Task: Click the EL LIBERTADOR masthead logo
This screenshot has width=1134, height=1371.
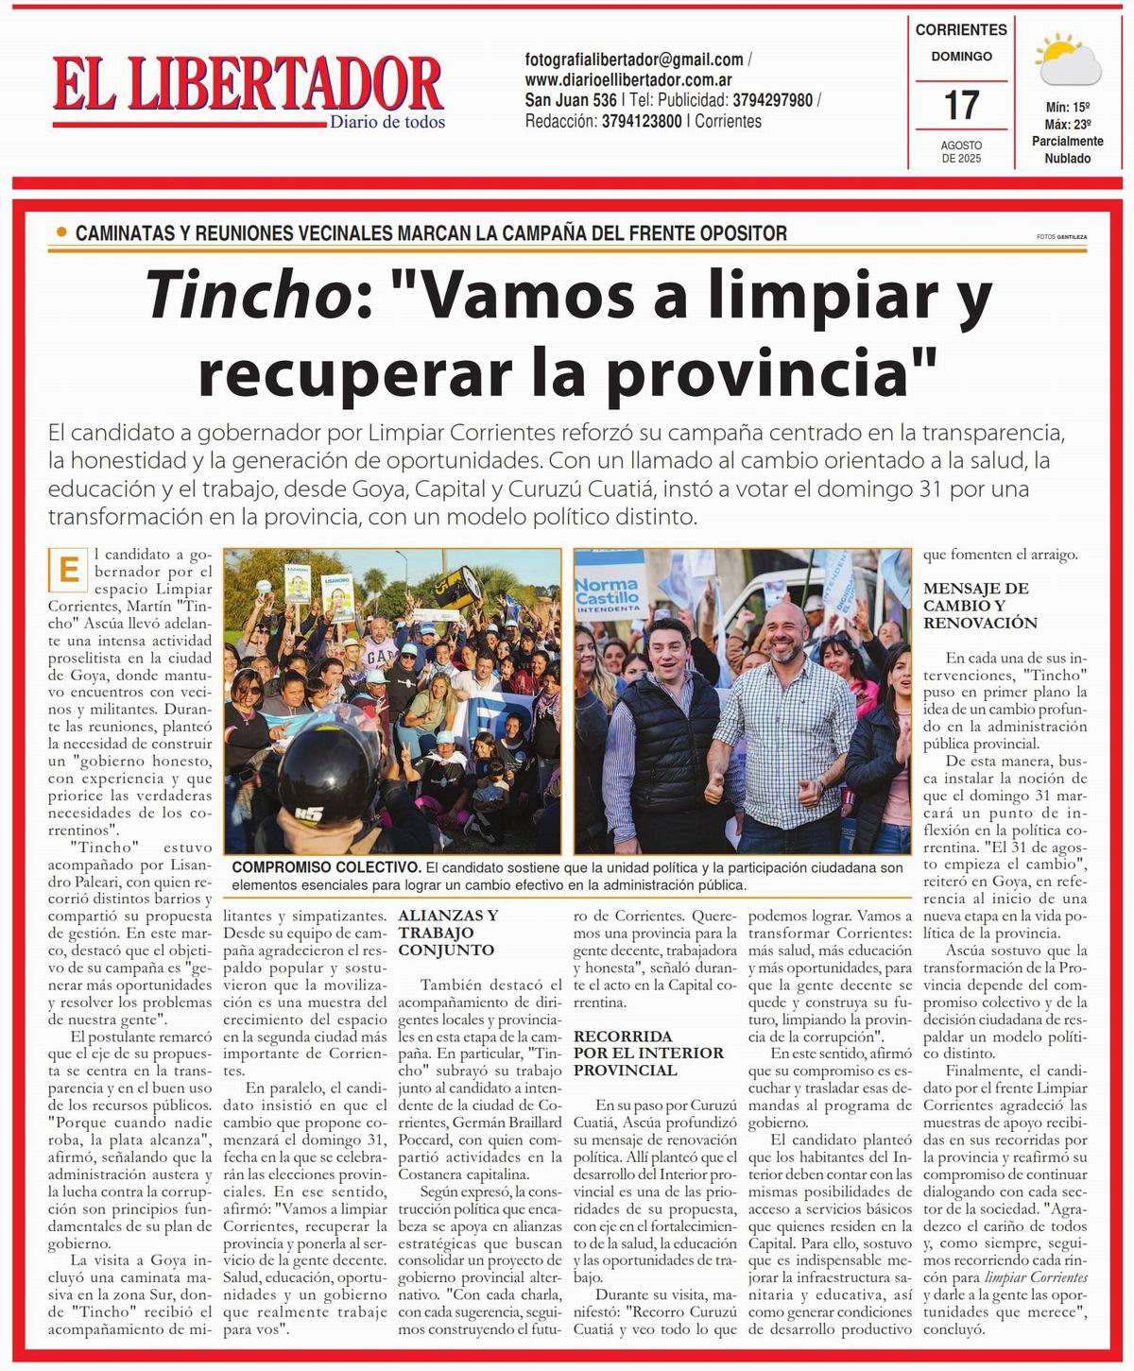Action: pos(248,85)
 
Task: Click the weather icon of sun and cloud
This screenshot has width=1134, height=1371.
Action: pos(1069,60)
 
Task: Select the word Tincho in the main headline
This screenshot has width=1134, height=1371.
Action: pos(249,296)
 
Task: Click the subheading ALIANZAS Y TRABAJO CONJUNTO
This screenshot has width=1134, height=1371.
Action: pos(449,933)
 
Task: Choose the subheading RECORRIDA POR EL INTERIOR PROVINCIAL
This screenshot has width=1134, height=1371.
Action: pos(648,1053)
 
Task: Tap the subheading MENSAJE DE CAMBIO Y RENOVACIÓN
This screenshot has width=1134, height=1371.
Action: pos(976,605)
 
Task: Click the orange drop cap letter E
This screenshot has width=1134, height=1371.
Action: pos(67,571)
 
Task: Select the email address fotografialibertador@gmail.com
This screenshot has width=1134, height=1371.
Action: pos(633,60)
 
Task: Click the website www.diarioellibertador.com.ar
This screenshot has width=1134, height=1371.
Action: pos(628,80)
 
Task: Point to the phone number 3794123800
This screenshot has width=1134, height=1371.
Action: pos(642,121)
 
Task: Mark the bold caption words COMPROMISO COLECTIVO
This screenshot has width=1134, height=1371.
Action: pos(325,867)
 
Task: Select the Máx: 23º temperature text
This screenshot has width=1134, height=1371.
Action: pos(1067,124)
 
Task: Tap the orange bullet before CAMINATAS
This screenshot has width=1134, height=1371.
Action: pos(62,231)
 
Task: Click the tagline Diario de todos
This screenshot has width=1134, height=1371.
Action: pos(387,122)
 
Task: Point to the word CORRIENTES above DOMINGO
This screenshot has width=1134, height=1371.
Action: pos(961,30)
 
